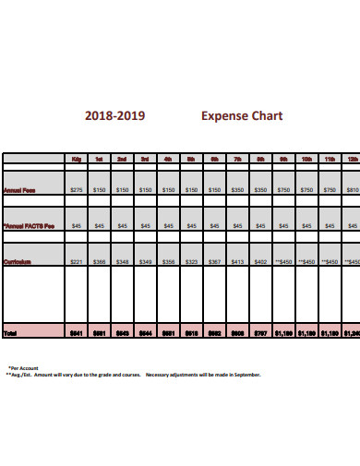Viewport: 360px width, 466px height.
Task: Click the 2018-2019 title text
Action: [x=114, y=117]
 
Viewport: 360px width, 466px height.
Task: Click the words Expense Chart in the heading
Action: [x=242, y=117]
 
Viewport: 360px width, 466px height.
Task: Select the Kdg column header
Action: [x=76, y=160]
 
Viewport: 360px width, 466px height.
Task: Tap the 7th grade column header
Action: [x=237, y=160]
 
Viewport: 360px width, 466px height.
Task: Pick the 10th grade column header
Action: [x=306, y=160]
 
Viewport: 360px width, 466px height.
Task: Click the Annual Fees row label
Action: [x=19, y=189]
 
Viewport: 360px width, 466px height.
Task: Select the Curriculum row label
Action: [x=18, y=262]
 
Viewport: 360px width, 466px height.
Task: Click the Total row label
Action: [x=10, y=332]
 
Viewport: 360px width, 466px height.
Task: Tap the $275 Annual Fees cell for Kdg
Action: [x=76, y=189]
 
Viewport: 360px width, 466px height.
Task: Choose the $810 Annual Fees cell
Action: [x=353, y=189]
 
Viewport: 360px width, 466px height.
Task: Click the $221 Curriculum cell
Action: [x=76, y=262]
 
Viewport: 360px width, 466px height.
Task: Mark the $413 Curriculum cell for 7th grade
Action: [x=237, y=262]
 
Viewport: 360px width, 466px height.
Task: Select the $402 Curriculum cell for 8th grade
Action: [x=260, y=262]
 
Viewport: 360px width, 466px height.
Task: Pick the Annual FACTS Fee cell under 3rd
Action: [x=145, y=225]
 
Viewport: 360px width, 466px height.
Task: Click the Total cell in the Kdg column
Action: [x=76, y=332]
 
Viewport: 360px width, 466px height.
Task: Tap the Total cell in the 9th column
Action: [x=283, y=332]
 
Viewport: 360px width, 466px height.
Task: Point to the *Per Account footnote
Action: [x=23, y=367]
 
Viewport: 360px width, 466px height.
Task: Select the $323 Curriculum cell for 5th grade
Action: [x=191, y=262]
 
